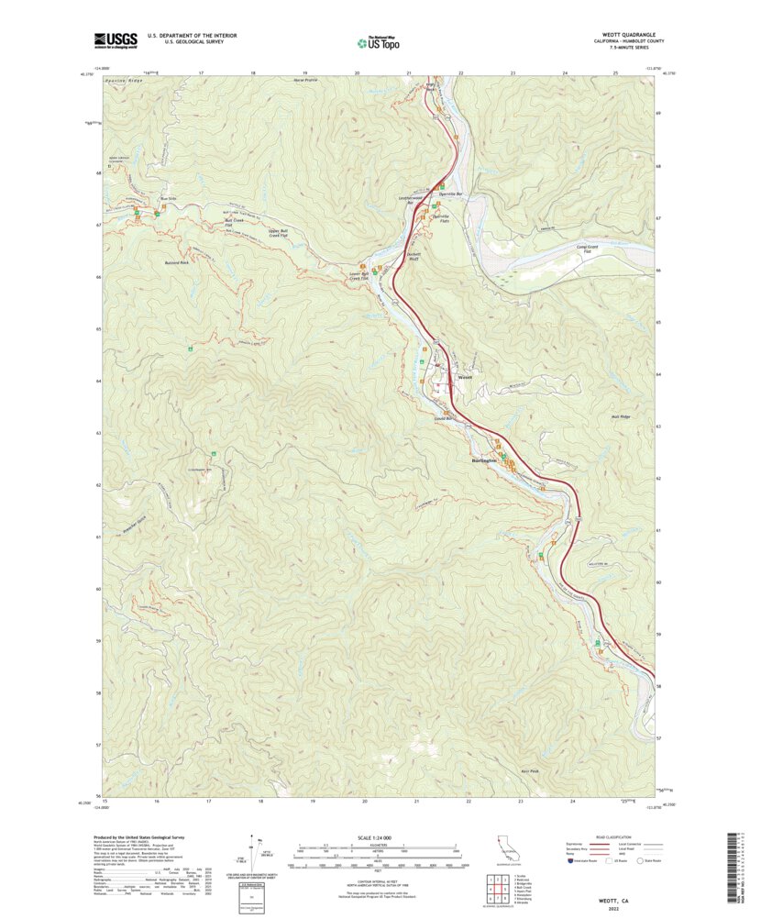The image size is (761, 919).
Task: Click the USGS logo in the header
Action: (x=115, y=39)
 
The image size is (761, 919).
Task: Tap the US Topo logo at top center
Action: (x=378, y=41)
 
